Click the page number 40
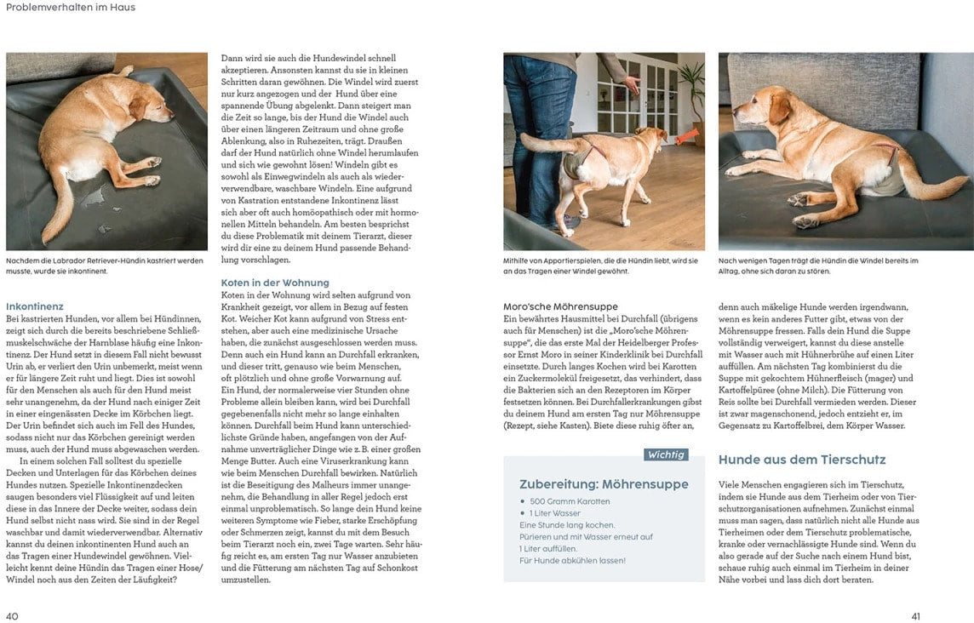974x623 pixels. click(12, 616)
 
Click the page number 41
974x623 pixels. click(915, 616)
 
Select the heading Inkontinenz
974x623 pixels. click(35, 306)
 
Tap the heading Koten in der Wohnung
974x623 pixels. click(275, 283)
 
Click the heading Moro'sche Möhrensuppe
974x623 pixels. click(560, 306)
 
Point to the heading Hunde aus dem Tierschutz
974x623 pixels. click(802, 460)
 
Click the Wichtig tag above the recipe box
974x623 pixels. click(666, 454)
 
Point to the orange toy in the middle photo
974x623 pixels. click(688, 134)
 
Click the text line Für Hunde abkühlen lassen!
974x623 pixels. click(572, 560)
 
